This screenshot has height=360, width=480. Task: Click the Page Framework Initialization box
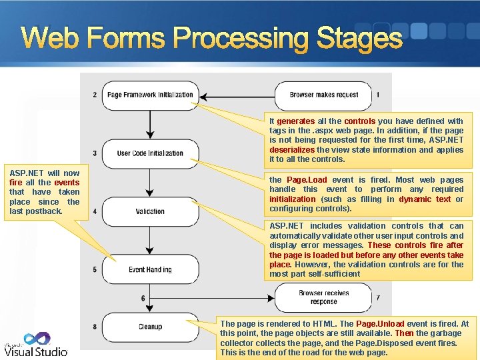tap(150, 95)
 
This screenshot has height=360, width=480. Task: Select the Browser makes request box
tap(323, 95)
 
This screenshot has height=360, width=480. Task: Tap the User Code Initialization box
tap(150, 153)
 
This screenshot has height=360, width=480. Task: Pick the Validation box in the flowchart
tap(150, 211)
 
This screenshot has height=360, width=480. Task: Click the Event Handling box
tap(150, 269)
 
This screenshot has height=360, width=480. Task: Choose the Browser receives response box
tap(323, 297)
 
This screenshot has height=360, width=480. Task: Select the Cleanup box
tap(150, 327)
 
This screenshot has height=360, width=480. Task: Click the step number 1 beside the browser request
tap(378, 95)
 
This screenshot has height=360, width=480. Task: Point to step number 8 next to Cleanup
tap(95, 327)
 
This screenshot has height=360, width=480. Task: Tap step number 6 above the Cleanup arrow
tap(143, 298)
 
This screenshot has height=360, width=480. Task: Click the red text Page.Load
tap(307, 180)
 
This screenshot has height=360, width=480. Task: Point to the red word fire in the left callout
tap(16, 183)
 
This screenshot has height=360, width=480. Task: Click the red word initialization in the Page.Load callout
tap(293, 199)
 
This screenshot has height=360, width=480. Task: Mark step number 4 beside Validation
tap(95, 211)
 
